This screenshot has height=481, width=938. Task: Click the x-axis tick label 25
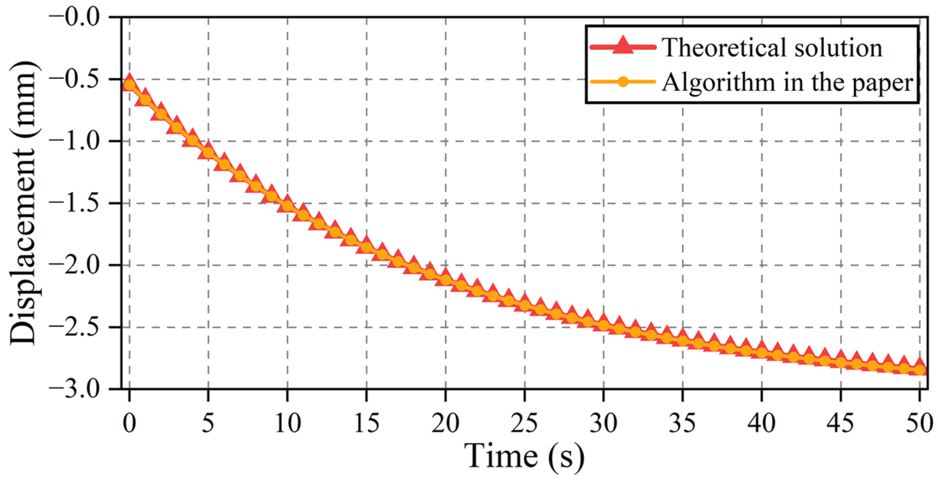click(524, 424)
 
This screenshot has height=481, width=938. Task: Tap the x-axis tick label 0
click(129, 424)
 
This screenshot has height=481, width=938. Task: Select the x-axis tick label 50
click(919, 424)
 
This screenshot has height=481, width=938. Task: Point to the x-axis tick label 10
click(288, 424)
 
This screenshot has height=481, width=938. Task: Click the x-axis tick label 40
click(762, 424)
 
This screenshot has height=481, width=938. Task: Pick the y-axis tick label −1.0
click(74, 141)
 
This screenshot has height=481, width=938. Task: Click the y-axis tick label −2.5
click(74, 327)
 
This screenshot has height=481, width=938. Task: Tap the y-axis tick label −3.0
click(74, 389)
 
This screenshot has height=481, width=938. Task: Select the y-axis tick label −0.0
click(74, 17)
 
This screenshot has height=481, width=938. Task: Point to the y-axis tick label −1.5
click(74, 203)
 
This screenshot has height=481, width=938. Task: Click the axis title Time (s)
click(524, 456)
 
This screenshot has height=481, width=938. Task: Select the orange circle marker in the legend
click(623, 82)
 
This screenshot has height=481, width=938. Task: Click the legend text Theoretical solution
click(772, 47)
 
